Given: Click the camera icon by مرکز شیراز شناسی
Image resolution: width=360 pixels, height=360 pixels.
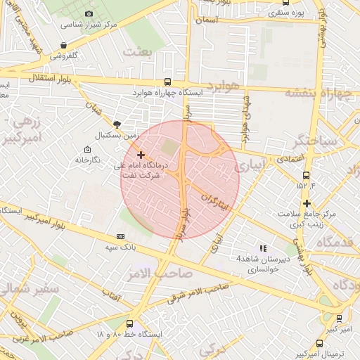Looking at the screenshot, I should (x=89, y=13).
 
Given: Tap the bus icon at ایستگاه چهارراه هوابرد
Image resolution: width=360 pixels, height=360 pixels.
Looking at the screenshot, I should (x=167, y=81).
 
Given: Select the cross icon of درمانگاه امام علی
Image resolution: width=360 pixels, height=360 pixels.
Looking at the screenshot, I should (x=141, y=155).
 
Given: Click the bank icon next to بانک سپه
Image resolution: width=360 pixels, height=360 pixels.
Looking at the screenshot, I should (x=120, y=236).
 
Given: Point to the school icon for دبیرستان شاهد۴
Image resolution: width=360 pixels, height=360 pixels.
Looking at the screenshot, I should (x=263, y=248).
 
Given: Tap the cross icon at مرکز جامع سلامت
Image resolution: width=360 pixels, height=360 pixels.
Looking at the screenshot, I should (x=307, y=204).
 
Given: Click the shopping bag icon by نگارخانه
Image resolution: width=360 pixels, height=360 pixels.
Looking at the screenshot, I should (x=87, y=150).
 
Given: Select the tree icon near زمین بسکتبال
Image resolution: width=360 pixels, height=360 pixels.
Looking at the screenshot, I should (x=117, y=124).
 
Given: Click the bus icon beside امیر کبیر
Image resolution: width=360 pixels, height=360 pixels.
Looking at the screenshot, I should (x=340, y=318).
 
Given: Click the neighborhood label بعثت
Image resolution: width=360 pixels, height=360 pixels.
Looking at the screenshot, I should (x=137, y=51).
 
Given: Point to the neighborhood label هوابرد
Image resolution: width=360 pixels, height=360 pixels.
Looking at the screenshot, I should (x=224, y=86).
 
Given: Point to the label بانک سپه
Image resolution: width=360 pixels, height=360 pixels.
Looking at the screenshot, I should (x=100, y=247).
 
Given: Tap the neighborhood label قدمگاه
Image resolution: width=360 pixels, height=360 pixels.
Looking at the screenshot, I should (x=338, y=243).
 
